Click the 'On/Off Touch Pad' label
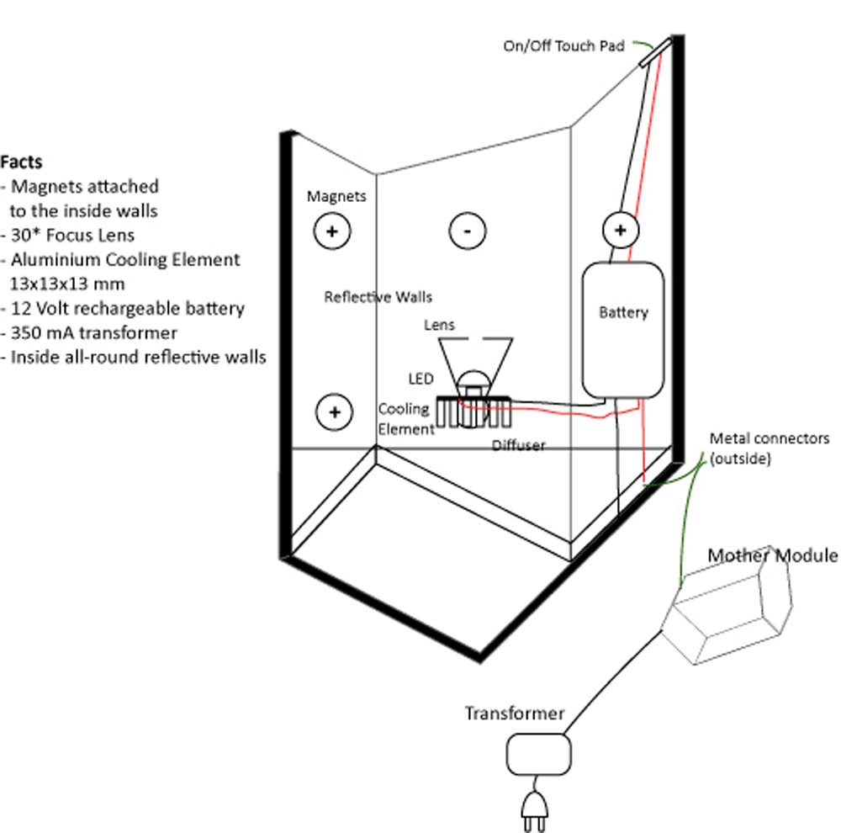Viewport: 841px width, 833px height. [563, 46]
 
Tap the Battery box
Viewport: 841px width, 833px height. [623, 329]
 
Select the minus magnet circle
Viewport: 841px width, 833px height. [467, 230]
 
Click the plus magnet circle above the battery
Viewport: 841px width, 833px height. [621, 229]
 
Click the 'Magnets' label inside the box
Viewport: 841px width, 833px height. [336, 196]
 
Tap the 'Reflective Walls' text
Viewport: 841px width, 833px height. [378, 297]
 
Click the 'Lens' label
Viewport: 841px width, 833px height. [439, 325]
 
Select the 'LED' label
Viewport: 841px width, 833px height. [420, 380]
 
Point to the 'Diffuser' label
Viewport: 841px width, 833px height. [518, 445]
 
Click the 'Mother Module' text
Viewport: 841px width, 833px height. [772, 555]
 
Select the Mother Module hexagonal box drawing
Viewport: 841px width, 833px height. [728, 609]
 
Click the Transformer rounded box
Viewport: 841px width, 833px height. [539, 755]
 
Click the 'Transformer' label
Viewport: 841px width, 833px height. [515, 714]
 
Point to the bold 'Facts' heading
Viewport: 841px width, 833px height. [21, 161]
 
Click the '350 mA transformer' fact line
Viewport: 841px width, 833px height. [94, 332]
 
